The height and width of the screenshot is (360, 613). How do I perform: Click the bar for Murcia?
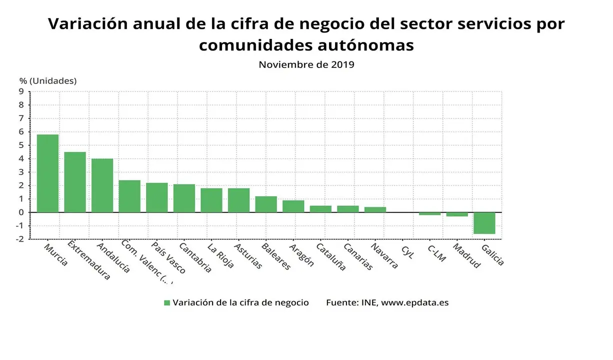coord(47,173)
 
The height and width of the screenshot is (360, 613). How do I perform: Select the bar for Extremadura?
coord(75,182)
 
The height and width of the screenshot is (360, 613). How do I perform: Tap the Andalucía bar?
coord(102,185)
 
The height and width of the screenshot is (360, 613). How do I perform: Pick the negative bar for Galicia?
coord(484,223)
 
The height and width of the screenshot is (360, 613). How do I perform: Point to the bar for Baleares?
coord(266,204)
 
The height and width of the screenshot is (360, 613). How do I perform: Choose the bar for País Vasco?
coord(156,197)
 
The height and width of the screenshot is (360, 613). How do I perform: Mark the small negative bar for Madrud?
coord(457,214)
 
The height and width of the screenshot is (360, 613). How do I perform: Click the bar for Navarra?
coord(375,209)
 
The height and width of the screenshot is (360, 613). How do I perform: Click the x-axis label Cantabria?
coord(195,258)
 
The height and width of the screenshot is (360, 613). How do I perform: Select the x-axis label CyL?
coord(407,251)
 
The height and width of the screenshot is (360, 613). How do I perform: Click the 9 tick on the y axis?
coord(21,91)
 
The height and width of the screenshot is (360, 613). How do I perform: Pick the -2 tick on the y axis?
coord(19,239)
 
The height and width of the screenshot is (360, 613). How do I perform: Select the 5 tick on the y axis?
coord(21,145)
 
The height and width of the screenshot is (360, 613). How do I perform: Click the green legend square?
coord(167,303)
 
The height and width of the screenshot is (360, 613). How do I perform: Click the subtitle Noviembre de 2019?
coord(306,64)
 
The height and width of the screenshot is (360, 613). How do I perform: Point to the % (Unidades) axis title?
coord(48,80)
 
